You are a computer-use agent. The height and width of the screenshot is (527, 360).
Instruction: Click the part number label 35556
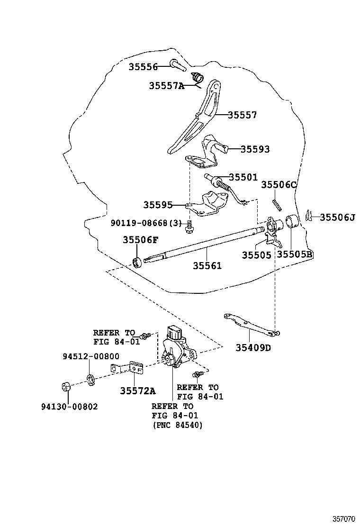pos(143,67)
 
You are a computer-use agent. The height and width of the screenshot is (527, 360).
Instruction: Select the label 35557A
pos(166,86)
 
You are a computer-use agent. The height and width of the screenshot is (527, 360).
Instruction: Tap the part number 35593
pos(255,149)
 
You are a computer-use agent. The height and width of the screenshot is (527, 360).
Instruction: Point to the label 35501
pos(243,177)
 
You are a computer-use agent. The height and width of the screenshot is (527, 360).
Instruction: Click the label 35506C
pos(279,185)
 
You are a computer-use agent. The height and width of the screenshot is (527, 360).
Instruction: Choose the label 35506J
pos(337,217)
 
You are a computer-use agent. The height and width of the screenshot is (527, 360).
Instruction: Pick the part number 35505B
pos(295,255)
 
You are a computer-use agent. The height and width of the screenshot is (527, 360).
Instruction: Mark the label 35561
pos(207,266)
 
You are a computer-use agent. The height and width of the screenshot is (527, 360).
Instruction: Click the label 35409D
pos(253,348)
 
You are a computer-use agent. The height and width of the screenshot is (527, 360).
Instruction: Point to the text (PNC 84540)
pos(177,425)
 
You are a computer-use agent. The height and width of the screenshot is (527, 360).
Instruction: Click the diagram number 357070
pos(343,519)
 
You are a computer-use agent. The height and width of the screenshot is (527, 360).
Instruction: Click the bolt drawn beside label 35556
pos(177,64)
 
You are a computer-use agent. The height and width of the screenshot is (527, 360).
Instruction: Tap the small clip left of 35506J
pos(309,216)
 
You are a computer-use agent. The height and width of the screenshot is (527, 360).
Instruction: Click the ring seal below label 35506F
pos(137,261)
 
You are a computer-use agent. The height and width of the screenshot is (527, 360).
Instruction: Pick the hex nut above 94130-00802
pos(67,386)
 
